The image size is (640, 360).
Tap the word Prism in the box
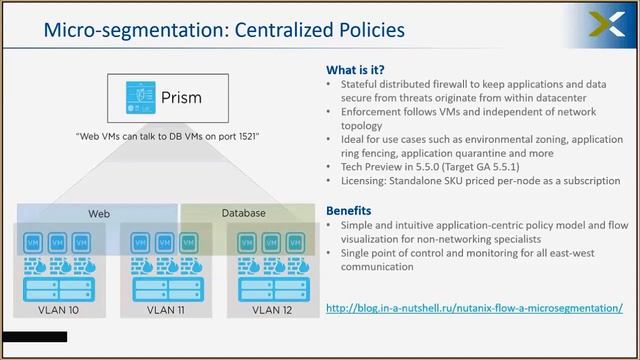[x=180, y=97]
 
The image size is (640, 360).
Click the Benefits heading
[x=350, y=211]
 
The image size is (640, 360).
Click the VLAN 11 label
[x=165, y=312]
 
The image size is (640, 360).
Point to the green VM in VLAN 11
[x=190, y=243]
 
